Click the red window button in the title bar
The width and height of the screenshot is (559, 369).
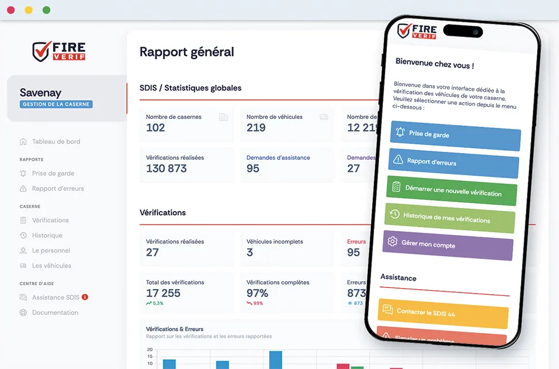[x=11, y=10]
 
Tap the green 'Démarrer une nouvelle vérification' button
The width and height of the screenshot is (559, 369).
[x=452, y=191]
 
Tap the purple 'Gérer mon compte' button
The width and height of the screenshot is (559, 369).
[x=448, y=245]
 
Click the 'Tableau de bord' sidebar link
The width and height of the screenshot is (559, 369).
[x=56, y=142]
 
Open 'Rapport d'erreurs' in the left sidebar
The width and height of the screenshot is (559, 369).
[x=58, y=189]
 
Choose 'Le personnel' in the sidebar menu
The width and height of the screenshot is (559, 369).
[x=51, y=251]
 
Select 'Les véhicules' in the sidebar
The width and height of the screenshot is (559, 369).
[x=51, y=266]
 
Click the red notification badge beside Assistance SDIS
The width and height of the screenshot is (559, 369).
[x=85, y=297]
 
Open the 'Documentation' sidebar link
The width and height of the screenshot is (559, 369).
[x=55, y=313]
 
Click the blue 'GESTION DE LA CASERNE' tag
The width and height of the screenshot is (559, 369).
[x=56, y=104]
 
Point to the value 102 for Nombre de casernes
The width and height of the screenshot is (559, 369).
[x=155, y=128]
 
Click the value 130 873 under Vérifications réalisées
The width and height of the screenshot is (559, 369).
[x=166, y=169]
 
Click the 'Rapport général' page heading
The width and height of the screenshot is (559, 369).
[x=187, y=52]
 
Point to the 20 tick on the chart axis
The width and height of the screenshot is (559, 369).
[x=149, y=349]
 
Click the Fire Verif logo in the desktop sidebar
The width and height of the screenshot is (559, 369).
[x=59, y=51]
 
